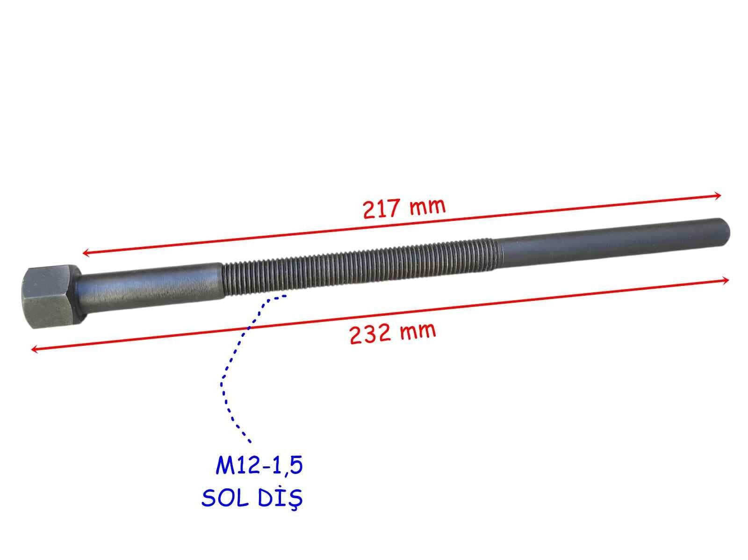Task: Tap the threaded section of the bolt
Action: [x=355, y=266]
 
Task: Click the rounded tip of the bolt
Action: [x=726, y=226]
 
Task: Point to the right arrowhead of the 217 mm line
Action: [x=719, y=196]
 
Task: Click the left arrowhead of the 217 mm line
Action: [x=86, y=253]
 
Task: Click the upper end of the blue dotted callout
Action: [x=285, y=296]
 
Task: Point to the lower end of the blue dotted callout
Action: [x=250, y=441]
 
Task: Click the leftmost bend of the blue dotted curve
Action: [x=222, y=384]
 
